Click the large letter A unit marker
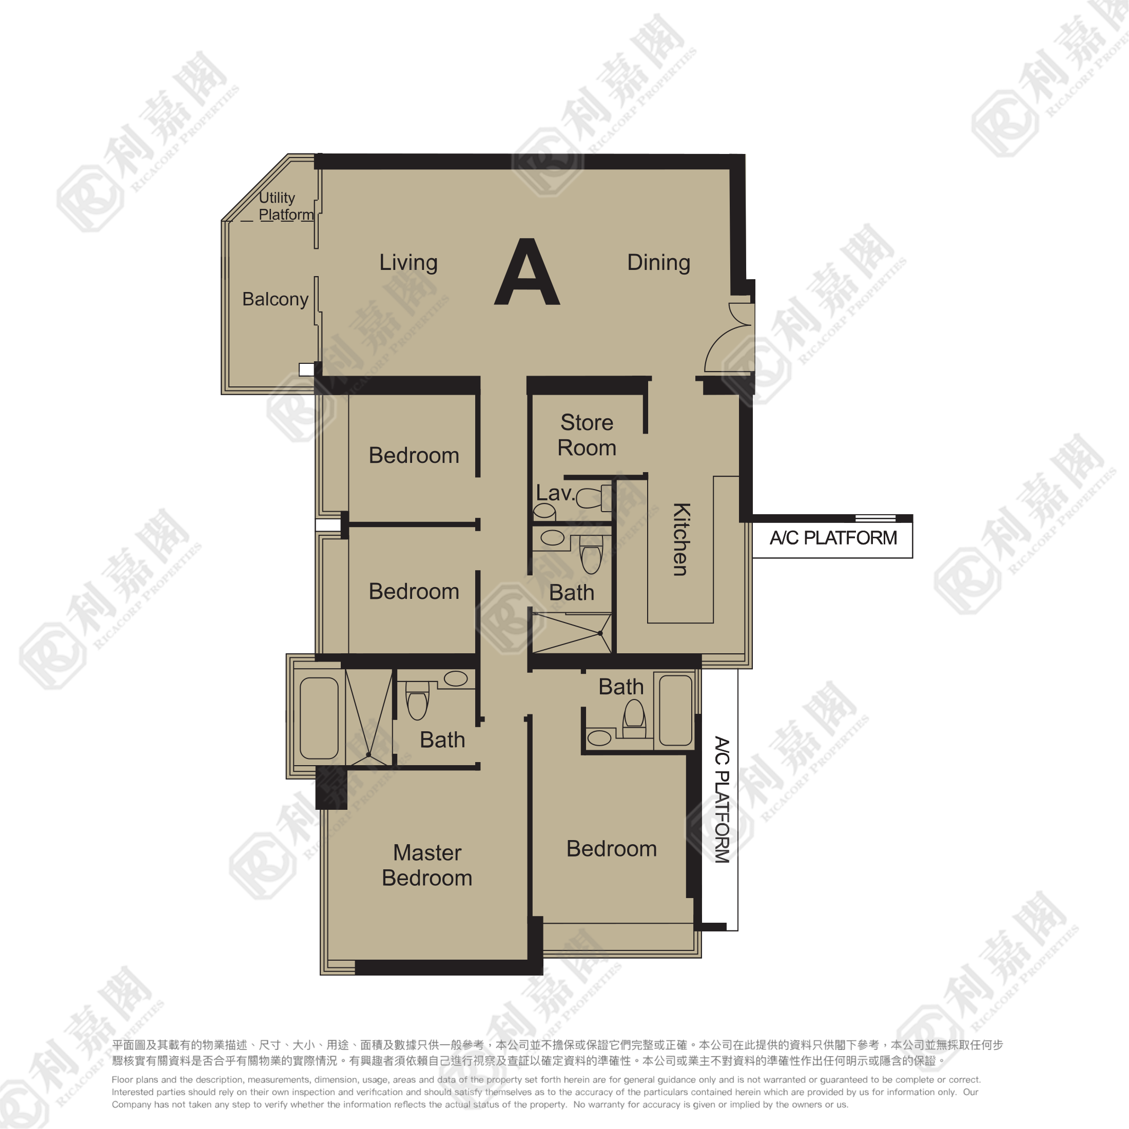click(x=527, y=274)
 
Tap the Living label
click(x=408, y=262)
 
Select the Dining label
click(x=658, y=262)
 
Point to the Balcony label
click(x=275, y=299)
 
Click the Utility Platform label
click(x=285, y=206)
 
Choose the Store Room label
click(x=587, y=435)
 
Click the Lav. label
click(x=555, y=493)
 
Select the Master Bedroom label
click(x=427, y=865)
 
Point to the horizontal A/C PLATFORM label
click(x=833, y=538)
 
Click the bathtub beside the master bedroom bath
click(x=319, y=718)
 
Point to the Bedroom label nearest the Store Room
click(x=414, y=455)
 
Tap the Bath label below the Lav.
click(x=572, y=593)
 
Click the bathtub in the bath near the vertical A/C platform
click(x=675, y=710)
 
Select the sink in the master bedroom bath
click(x=455, y=678)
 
